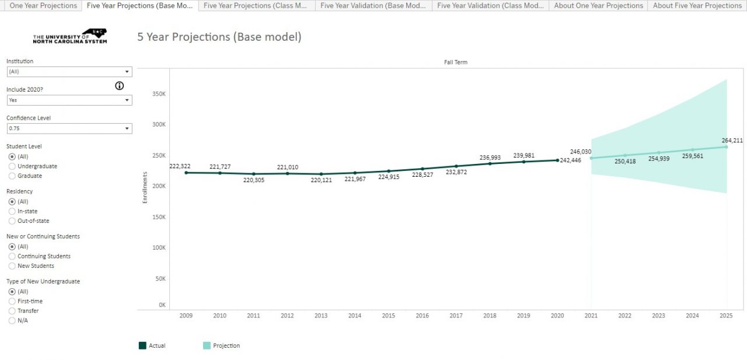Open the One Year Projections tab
point(43,6)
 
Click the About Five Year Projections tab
point(697,6)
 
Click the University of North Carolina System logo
point(70,37)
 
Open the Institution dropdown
point(69,72)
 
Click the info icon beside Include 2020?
point(120,86)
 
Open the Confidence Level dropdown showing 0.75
point(69,128)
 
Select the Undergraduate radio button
point(12,166)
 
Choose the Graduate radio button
point(12,176)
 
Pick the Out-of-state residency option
point(12,221)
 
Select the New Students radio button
point(12,266)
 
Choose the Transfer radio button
point(12,311)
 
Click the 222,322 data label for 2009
point(180,166)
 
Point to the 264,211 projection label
point(732,141)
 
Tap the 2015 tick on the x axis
point(388,316)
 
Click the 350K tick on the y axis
point(159,93)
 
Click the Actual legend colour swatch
point(142,345)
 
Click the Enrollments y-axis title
point(145,187)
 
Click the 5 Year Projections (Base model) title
point(219,37)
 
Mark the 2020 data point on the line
point(557,160)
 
